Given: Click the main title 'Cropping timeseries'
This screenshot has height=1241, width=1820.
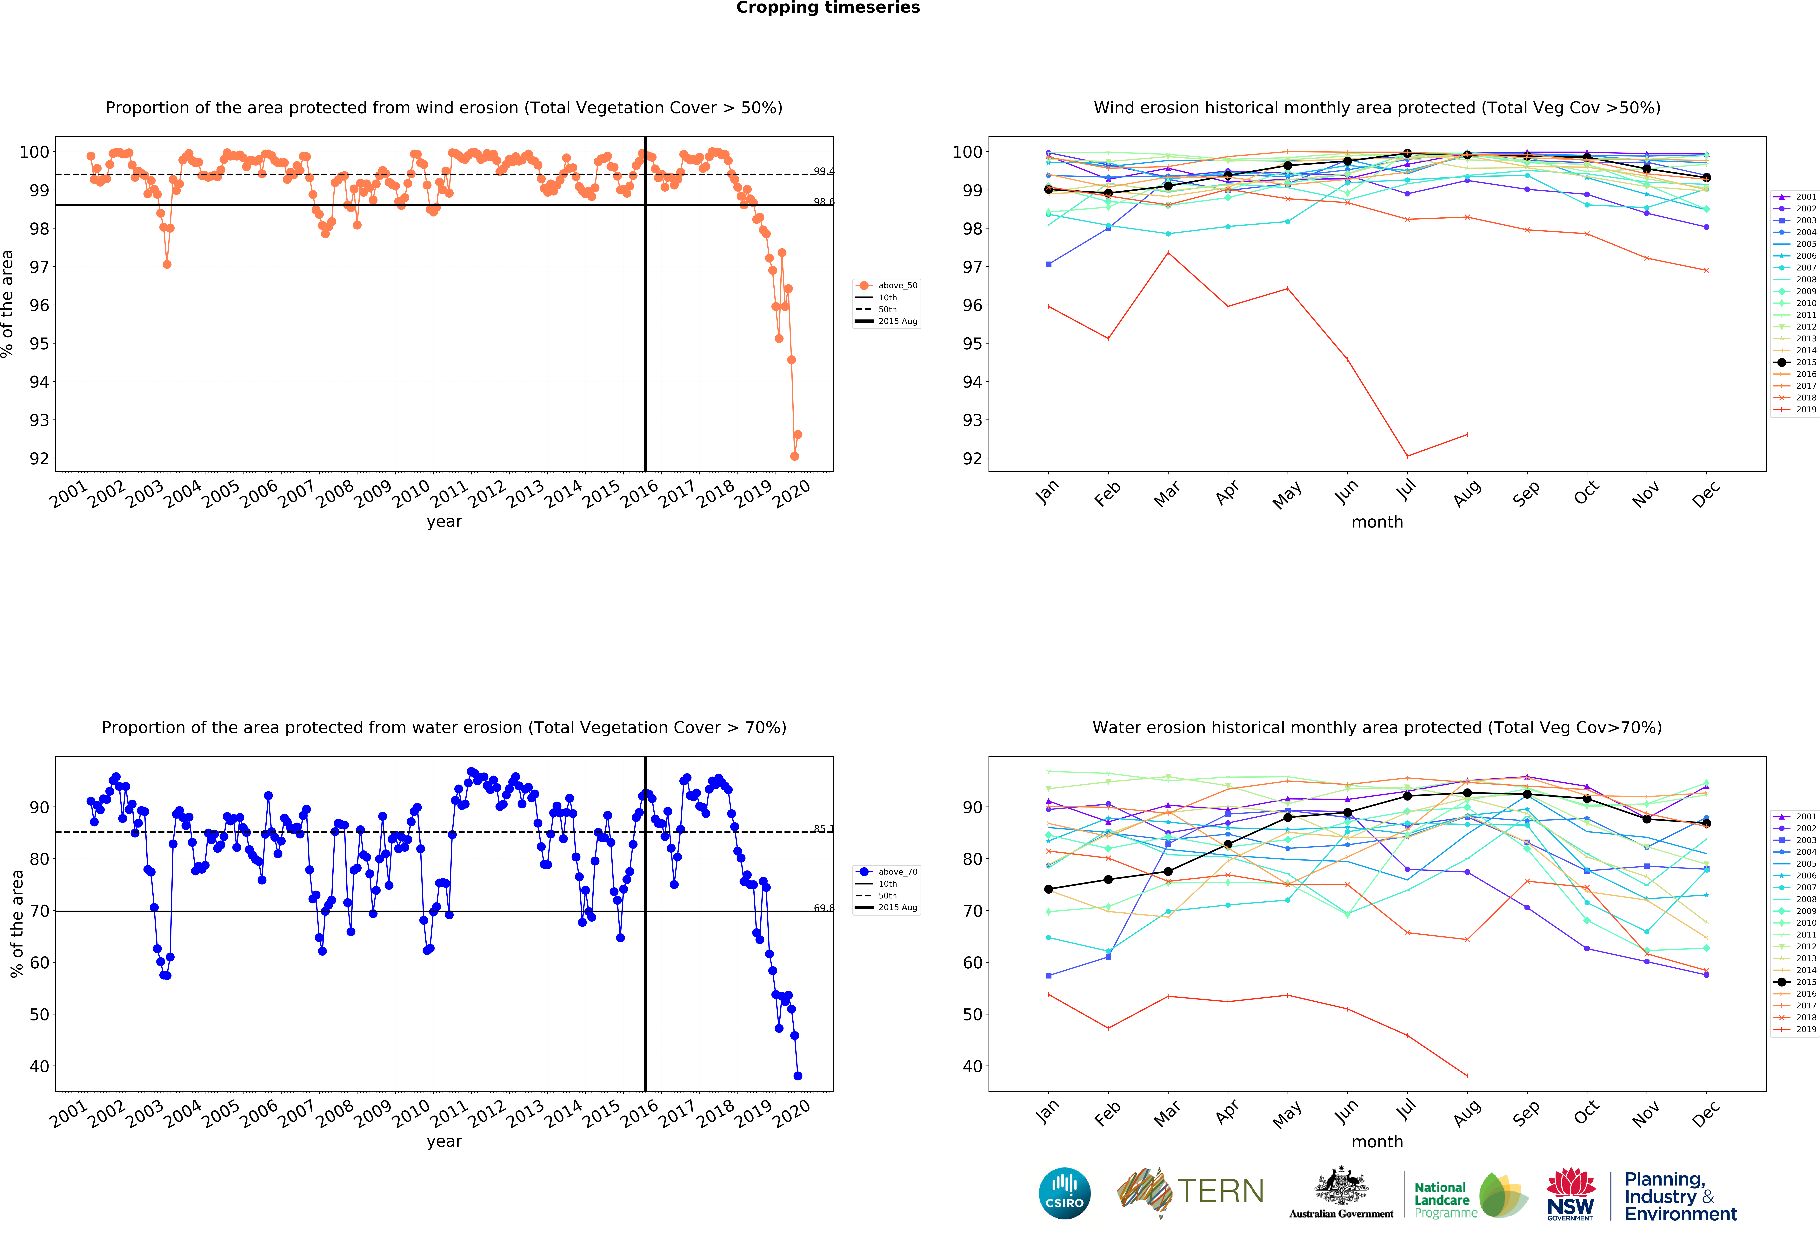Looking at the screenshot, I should pyautogui.click(x=828, y=8).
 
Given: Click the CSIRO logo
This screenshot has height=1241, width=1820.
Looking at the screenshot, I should pyautogui.click(x=1064, y=1193).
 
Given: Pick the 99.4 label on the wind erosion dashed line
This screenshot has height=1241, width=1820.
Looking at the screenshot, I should pyautogui.click(x=823, y=171).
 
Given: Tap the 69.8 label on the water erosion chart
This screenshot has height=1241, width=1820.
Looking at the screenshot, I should pyautogui.click(x=823, y=908).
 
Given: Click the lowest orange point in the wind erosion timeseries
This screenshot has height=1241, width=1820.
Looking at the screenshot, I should pyautogui.click(x=794, y=456).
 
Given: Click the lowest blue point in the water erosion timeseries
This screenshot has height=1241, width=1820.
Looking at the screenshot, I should pyautogui.click(x=797, y=1076).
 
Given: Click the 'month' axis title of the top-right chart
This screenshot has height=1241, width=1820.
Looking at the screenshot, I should pyautogui.click(x=1377, y=522).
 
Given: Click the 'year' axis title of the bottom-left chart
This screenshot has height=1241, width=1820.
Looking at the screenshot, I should pyautogui.click(x=444, y=1142).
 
